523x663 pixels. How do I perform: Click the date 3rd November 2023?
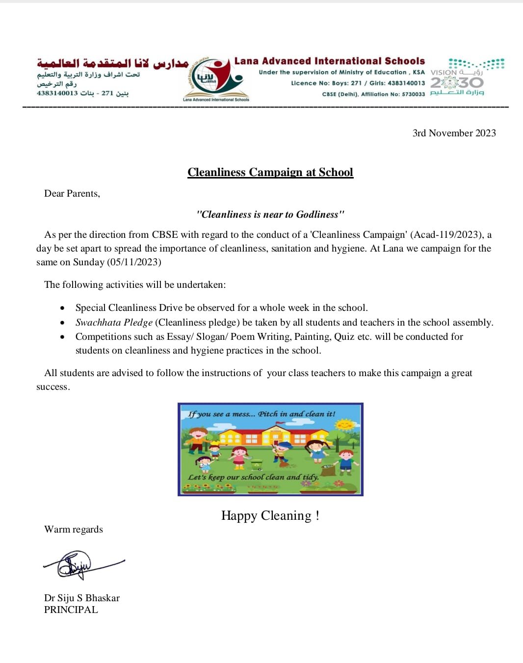click(454, 133)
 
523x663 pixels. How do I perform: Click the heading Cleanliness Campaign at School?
click(270, 172)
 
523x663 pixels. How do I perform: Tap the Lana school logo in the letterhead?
click(216, 78)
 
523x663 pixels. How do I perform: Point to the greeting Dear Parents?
click(72, 193)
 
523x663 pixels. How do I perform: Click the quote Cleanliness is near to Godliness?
click(270, 214)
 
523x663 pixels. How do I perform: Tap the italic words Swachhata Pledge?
click(114, 322)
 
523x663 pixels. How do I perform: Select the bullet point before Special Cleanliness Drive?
click(62, 308)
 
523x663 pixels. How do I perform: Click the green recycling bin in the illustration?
click(257, 464)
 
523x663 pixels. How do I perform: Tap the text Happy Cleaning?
click(270, 515)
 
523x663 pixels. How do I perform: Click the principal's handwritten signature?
click(78, 565)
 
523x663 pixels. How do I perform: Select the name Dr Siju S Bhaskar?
click(82, 598)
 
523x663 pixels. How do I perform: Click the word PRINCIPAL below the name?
click(71, 610)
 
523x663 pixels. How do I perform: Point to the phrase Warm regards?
click(74, 529)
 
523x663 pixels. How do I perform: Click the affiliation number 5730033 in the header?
click(413, 94)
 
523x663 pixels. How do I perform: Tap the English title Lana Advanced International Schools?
click(329, 61)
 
